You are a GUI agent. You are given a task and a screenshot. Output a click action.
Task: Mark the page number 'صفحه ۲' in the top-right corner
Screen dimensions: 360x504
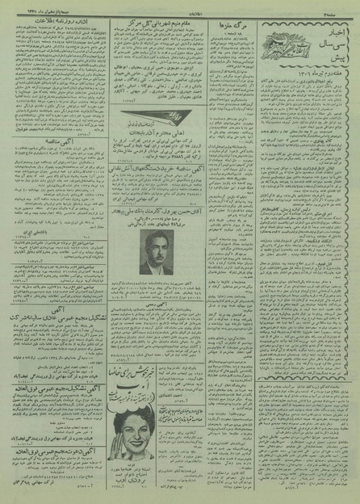[345, 6]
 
